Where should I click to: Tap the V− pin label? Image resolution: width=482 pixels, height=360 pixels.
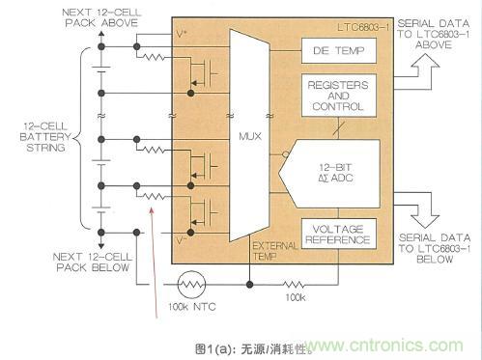click(x=183, y=235)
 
